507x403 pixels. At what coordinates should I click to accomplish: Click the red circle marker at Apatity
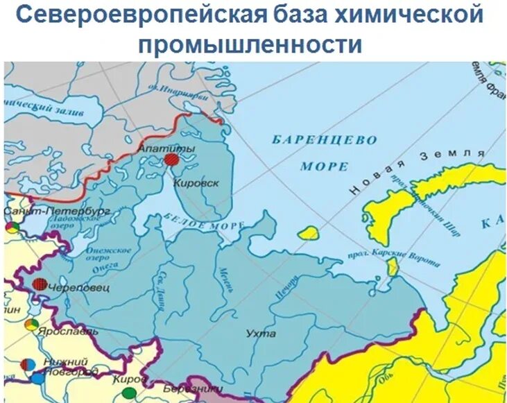click(x=171, y=160)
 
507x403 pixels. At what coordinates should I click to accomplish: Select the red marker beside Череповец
click(x=41, y=284)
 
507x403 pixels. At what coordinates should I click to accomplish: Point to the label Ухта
click(x=261, y=334)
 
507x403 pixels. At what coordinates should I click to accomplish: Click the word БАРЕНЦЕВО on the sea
click(x=324, y=140)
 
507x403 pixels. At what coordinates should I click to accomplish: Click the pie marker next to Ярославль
click(x=31, y=324)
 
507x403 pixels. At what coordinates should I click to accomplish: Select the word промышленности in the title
click(x=252, y=44)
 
